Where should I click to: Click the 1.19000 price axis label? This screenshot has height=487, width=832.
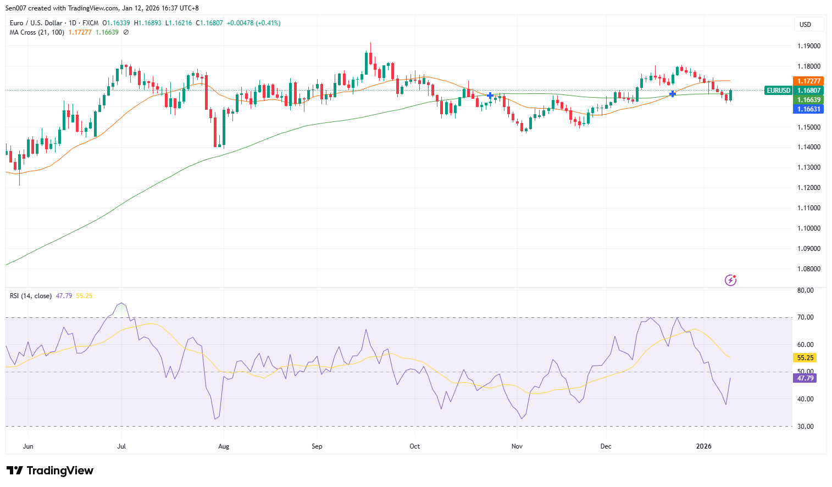coord(808,46)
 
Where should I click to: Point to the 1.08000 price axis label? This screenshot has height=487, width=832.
coord(808,269)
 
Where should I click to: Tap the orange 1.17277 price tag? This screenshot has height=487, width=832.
coord(808,81)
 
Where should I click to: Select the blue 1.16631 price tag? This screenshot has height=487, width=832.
coord(808,109)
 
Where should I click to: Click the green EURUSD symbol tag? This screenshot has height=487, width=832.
coord(778,91)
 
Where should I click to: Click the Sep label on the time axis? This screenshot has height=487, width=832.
coord(317,446)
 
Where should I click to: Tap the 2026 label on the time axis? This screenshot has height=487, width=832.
coord(703,446)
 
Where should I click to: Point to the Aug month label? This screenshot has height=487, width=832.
coord(224,446)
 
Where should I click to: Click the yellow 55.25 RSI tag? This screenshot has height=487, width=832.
coord(805,358)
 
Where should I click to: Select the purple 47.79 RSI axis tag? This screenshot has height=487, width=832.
coord(805,378)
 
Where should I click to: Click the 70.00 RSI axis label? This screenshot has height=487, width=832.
coord(805,317)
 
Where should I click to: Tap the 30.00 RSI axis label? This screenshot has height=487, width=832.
coord(805,427)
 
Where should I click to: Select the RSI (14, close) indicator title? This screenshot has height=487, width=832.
coord(31,296)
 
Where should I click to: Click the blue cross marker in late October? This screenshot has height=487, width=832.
coord(490,96)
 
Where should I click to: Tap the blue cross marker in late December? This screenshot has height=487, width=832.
coord(672,94)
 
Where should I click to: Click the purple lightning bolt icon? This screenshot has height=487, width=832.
coord(730,281)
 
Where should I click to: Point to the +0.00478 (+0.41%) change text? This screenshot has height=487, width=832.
coord(253,23)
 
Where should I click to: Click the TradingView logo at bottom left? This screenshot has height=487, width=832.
coord(49,471)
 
